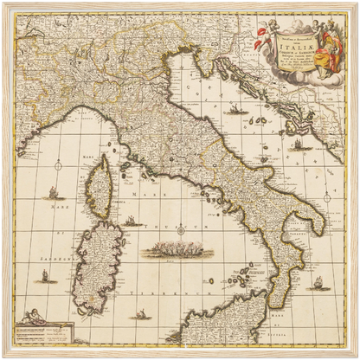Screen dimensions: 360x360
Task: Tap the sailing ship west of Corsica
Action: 54,192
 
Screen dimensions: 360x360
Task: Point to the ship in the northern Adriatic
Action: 235,110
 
